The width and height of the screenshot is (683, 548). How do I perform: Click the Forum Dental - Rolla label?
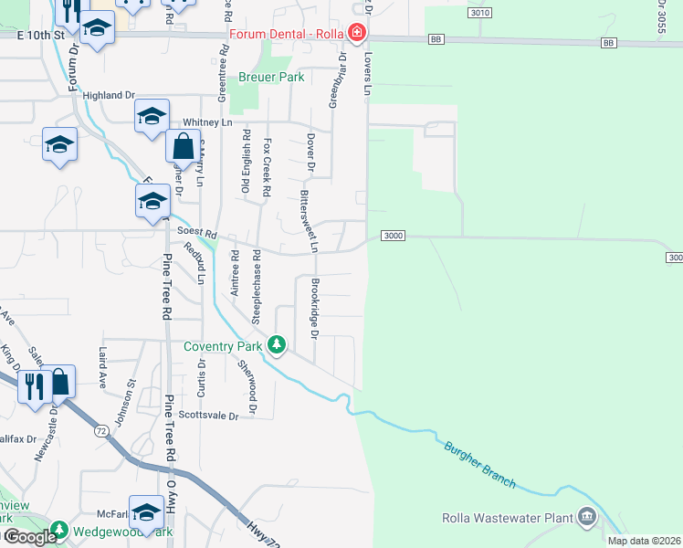click(x=286, y=34)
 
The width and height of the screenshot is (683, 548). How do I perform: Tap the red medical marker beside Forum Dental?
click(x=356, y=34)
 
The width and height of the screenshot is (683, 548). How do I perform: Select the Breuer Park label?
click(x=271, y=78)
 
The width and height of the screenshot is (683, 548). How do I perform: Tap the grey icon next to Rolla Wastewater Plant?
click(x=585, y=519)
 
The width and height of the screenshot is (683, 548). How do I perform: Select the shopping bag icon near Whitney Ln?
click(x=183, y=146)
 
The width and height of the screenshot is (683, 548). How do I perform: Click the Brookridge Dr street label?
click(x=314, y=309)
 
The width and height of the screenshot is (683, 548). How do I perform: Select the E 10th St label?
click(x=41, y=34)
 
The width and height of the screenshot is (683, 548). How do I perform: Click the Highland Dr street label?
click(x=108, y=94)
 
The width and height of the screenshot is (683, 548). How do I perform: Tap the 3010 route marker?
click(x=481, y=13)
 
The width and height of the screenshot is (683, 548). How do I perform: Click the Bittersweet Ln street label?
click(x=305, y=221)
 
